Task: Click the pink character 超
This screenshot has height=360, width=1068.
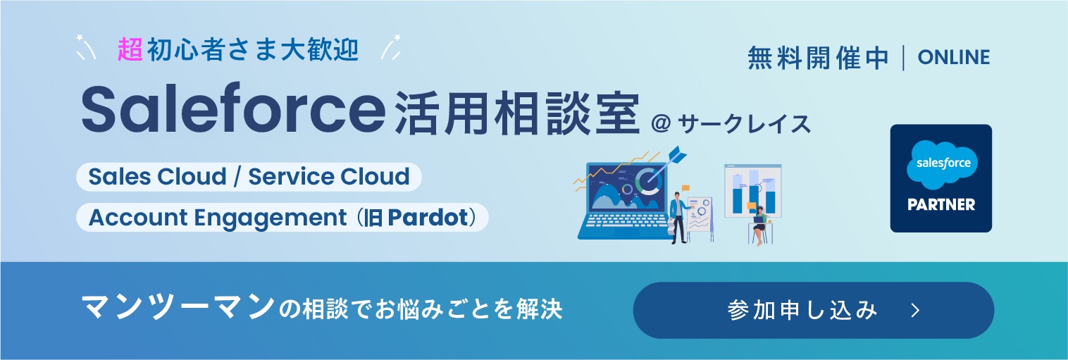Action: [131, 50]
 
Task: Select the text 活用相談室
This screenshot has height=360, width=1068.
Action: [516, 113]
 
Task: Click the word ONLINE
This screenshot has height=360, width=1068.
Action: [954, 58]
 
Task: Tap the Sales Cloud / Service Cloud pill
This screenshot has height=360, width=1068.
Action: [249, 176]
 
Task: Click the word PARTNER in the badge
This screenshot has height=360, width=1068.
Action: [941, 205]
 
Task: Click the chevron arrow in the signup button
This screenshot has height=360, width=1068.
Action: [915, 311]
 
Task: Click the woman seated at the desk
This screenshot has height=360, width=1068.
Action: [760, 225]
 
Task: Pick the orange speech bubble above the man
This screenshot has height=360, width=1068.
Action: [685, 189]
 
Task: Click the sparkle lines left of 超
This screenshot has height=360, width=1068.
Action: [86, 47]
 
